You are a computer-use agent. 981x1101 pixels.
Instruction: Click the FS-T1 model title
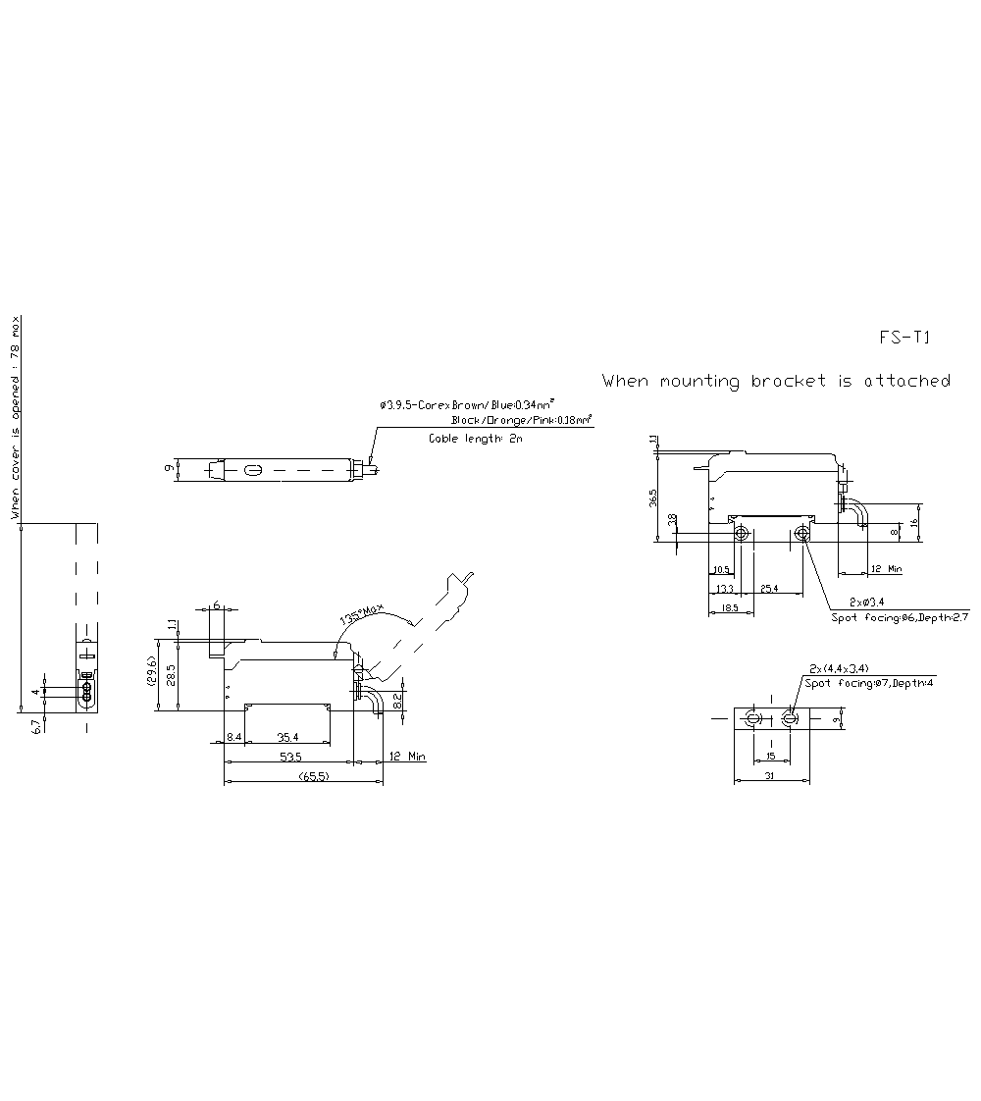(904, 338)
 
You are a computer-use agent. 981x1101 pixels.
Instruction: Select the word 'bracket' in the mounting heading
(789, 381)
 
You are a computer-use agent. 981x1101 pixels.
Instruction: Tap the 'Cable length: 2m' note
(476, 439)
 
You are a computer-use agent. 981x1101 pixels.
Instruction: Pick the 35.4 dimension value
(287, 736)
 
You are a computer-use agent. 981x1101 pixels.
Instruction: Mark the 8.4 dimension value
(234, 736)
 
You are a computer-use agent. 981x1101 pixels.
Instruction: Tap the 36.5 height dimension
(654, 498)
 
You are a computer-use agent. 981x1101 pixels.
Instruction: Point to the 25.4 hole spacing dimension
(769, 589)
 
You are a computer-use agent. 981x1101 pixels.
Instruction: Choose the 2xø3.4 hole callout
(867, 602)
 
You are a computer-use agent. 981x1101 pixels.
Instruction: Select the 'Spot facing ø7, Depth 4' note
(868, 682)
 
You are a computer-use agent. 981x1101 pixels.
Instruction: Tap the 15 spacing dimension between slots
(771, 757)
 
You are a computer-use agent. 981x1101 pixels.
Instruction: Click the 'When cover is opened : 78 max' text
(15, 417)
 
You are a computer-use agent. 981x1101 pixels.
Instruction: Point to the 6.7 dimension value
(36, 726)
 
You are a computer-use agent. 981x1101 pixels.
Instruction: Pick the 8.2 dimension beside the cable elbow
(396, 701)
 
